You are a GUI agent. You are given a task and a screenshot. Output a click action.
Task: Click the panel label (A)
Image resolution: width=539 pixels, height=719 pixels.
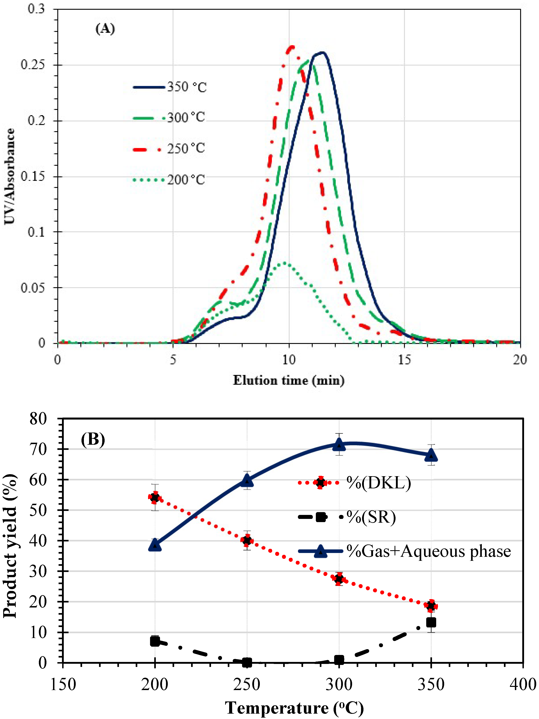coord(105,29)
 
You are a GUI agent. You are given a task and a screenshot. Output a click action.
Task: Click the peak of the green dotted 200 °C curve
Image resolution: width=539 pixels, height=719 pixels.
coord(285,263)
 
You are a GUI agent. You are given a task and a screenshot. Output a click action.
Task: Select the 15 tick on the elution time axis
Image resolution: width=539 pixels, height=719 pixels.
coord(404,359)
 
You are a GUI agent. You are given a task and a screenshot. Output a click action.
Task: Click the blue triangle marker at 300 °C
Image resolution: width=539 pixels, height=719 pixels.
coord(339,444)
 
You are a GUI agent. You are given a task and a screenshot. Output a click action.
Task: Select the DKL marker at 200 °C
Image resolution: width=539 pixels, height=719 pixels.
coord(155,497)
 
